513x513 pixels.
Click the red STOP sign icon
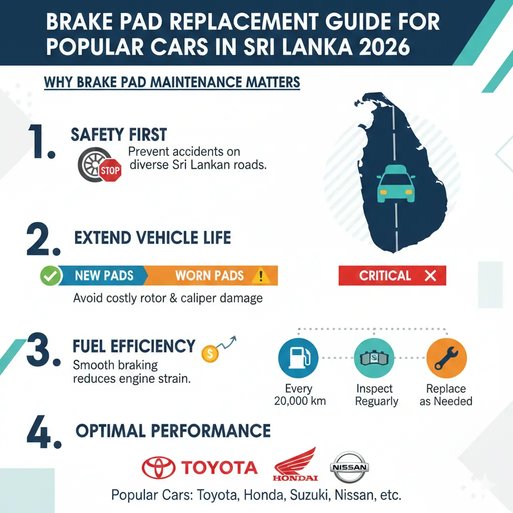(110, 171)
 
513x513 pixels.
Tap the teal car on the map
(395, 184)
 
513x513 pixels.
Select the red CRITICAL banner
(392, 276)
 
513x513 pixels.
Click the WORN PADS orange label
(209, 276)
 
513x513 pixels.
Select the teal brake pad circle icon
(374, 358)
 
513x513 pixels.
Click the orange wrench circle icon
(446, 358)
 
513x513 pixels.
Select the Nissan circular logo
(349, 467)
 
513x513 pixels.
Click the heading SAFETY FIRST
(118, 134)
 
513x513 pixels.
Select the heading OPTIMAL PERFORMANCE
(173, 431)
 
